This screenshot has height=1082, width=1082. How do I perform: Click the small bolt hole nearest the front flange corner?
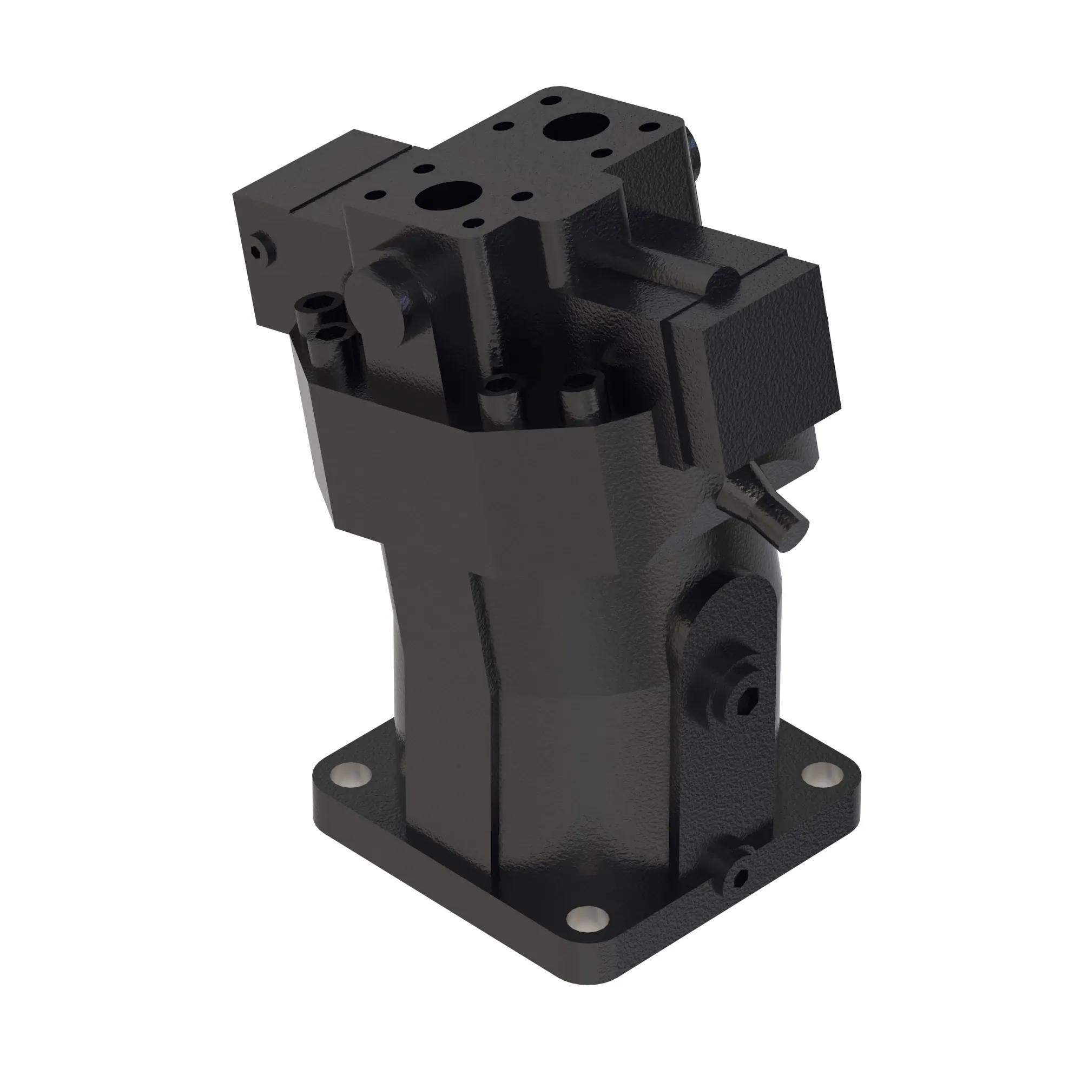tap(474, 224)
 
